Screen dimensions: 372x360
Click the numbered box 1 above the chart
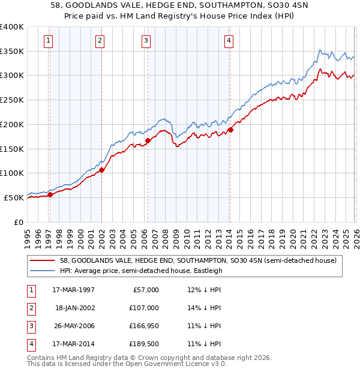click(x=47, y=41)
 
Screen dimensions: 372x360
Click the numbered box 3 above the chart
click(x=146, y=41)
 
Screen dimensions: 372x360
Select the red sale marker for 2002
click(x=101, y=170)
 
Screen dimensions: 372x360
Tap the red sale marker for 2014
click(x=230, y=130)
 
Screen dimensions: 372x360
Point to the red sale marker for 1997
click(x=50, y=194)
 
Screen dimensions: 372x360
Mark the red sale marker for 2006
click(x=148, y=140)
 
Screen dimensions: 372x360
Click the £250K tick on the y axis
click(x=11, y=100)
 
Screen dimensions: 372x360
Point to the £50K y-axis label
click(x=14, y=197)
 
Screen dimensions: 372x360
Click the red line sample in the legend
click(x=43, y=260)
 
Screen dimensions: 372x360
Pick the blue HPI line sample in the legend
click(x=43, y=271)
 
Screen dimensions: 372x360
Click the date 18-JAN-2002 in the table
click(x=74, y=307)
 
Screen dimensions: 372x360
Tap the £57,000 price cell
click(x=144, y=289)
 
